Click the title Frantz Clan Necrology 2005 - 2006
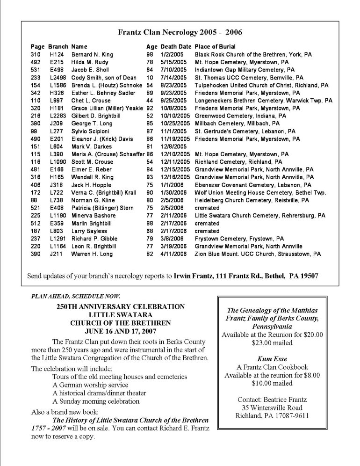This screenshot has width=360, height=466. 180,32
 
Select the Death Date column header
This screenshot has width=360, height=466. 176,47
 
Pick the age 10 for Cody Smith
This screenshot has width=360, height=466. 150,78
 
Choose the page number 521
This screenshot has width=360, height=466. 36,208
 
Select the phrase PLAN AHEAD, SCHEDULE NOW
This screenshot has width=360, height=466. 75,295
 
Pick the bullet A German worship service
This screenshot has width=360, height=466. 89,384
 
